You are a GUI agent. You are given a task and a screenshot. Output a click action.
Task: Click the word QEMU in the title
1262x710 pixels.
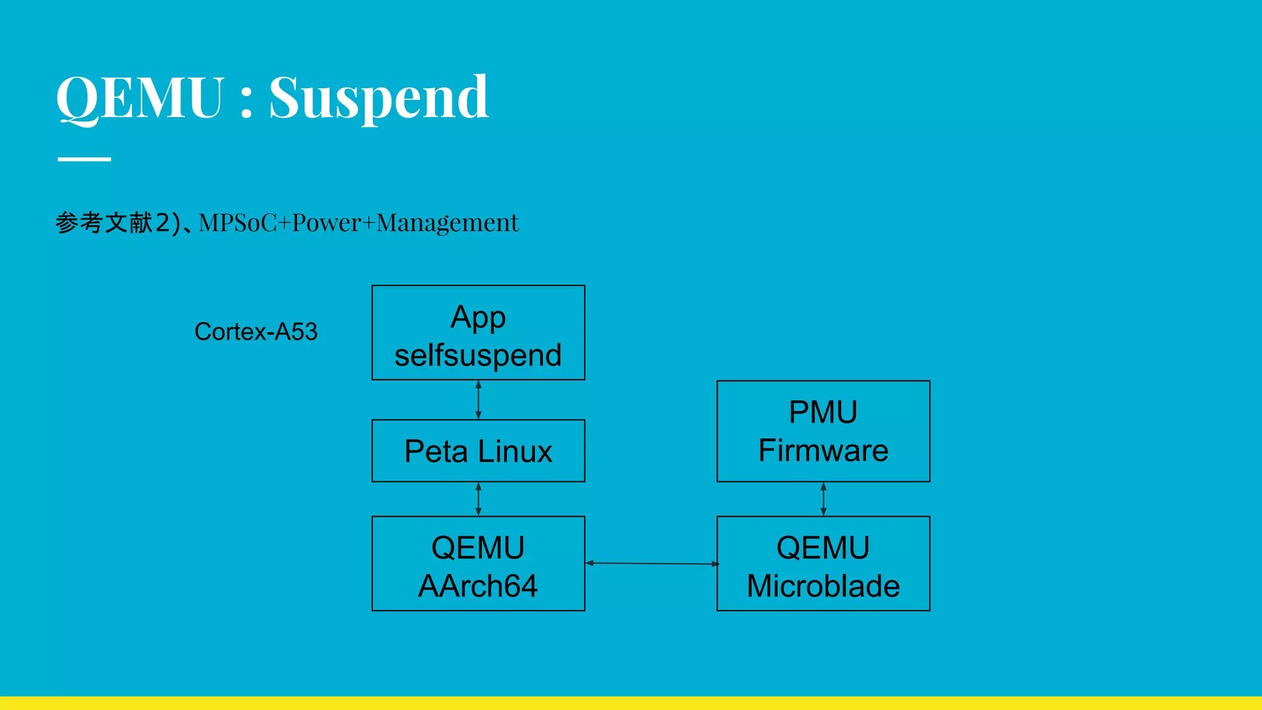[x=140, y=97]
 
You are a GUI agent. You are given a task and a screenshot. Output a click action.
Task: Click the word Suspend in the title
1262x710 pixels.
[x=378, y=99]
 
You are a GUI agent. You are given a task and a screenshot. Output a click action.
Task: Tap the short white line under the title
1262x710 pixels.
[x=84, y=159]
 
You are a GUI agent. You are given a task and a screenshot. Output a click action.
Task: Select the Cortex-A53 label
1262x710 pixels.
[x=256, y=332]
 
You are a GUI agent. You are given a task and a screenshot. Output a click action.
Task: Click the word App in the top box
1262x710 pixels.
[x=478, y=317]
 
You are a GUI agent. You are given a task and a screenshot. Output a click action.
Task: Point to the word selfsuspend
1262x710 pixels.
[x=478, y=356]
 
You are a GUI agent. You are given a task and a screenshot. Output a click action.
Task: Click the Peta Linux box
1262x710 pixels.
[x=478, y=451]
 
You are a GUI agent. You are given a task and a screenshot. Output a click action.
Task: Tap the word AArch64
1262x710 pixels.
[x=478, y=586]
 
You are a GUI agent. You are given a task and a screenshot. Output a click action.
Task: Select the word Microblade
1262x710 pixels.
[x=823, y=586]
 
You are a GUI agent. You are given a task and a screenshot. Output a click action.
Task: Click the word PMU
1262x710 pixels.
[x=823, y=412]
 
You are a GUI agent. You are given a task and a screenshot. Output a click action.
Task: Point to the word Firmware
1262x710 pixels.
[x=823, y=451]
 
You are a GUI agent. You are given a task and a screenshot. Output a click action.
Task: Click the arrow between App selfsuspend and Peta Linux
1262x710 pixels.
[x=479, y=400]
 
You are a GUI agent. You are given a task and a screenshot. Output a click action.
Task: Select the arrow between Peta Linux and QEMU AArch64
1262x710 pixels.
[x=479, y=499]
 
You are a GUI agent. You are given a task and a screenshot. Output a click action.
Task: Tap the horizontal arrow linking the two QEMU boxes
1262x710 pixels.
[x=651, y=563]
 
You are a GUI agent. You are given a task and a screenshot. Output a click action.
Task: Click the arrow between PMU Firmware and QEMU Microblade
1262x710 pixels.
[x=824, y=499]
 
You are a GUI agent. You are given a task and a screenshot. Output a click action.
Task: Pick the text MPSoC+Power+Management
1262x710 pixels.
[x=359, y=223]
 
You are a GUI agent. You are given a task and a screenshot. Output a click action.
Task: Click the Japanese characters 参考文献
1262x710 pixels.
[x=104, y=223]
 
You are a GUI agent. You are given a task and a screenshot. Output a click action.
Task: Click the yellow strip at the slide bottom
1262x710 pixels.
[x=631, y=703]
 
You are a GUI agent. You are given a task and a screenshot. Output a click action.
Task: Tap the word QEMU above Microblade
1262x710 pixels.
[x=823, y=547]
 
